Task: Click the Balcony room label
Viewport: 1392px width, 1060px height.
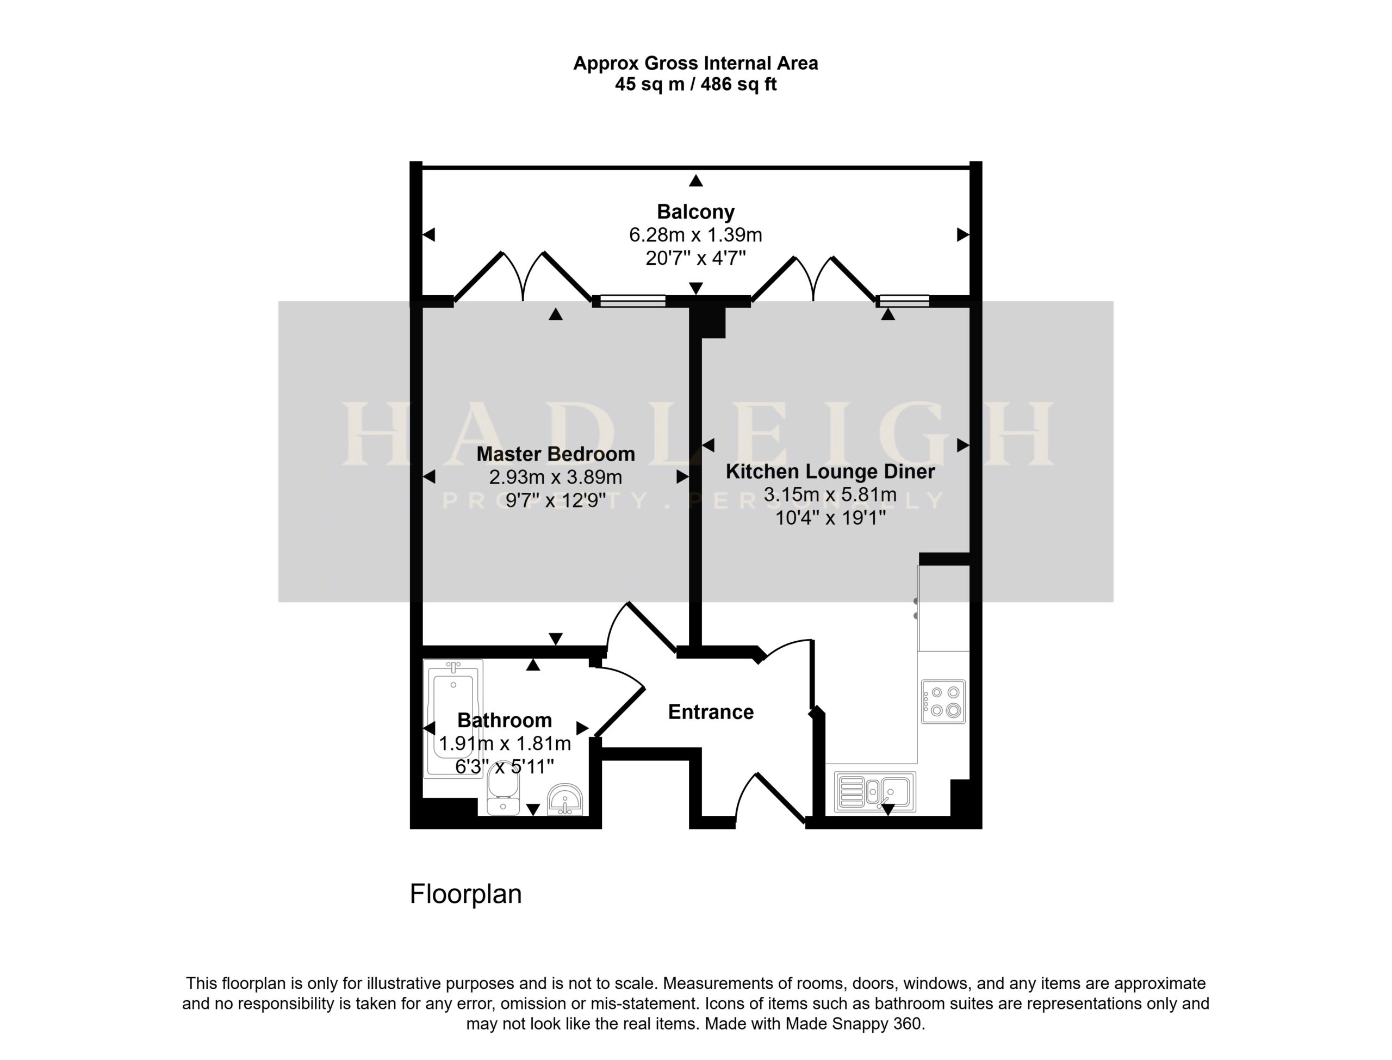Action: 695,212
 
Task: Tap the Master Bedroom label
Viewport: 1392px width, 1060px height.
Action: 555,454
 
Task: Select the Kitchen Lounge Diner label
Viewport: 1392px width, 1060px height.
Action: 830,472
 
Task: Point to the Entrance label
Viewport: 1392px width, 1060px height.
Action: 711,712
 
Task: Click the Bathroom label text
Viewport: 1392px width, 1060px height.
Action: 505,720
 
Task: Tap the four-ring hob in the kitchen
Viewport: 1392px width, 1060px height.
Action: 943,701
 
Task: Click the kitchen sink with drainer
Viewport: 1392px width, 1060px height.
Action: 875,792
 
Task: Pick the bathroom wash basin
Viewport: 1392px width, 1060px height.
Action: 564,799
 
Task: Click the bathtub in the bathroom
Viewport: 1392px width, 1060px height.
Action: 453,718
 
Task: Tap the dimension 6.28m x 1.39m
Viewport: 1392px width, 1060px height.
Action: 695,235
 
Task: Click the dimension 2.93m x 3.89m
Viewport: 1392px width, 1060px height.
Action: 555,477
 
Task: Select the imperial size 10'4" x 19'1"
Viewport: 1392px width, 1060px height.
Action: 830,518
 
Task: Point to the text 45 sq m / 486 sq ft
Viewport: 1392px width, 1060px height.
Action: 695,84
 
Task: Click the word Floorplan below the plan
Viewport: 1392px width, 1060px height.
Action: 466,894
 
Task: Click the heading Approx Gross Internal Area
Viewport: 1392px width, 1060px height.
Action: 695,63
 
